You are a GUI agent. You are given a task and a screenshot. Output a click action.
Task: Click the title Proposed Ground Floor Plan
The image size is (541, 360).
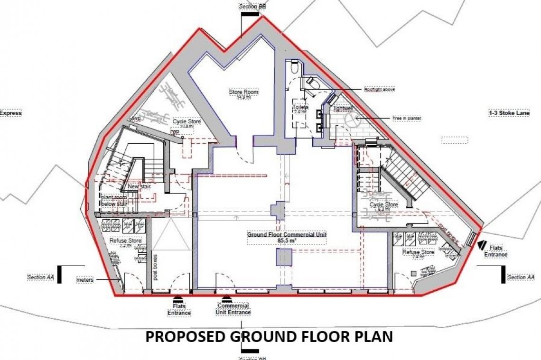[269, 337]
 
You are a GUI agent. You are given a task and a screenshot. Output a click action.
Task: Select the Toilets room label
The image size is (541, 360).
[300, 107]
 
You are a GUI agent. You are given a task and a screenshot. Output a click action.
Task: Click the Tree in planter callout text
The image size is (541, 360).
[406, 118]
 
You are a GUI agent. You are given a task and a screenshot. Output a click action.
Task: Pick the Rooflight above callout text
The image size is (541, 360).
[379, 89]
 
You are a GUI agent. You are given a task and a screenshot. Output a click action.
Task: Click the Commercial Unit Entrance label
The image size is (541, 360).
[233, 309]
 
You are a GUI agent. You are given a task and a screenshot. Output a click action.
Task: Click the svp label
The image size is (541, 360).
[137, 118]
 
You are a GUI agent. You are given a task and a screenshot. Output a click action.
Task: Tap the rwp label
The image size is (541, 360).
[175, 133]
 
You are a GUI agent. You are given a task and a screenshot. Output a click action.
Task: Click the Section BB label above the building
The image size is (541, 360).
[252, 7]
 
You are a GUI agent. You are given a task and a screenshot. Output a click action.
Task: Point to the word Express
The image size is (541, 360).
[10, 113]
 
